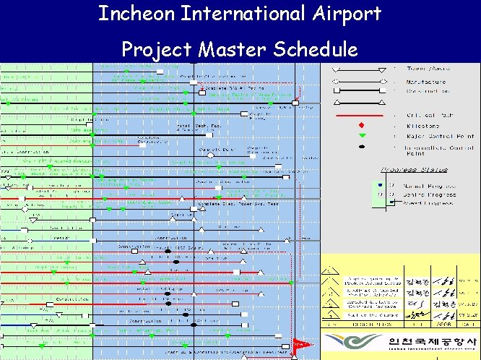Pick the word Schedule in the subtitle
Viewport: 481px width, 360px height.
click(316, 49)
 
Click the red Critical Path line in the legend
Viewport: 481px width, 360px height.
click(357, 115)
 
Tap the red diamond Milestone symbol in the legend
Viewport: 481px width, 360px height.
click(361, 125)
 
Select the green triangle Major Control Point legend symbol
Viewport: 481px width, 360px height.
click(361, 135)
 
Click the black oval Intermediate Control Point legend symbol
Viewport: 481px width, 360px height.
click(361, 147)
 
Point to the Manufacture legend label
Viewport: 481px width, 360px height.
click(425, 82)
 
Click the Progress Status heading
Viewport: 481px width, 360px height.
click(414, 170)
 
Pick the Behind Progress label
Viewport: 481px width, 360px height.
click(429, 194)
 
